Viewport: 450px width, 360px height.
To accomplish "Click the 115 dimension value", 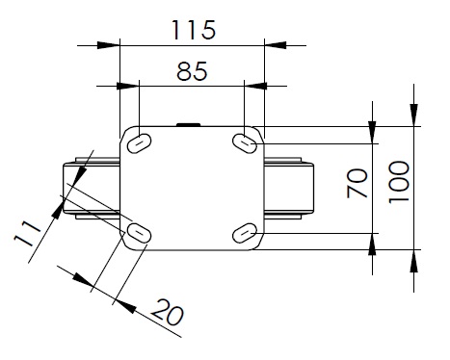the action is click(x=194, y=30).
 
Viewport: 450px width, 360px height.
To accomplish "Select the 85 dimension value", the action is click(x=192, y=71).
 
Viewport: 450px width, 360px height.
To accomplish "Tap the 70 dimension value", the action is click(x=357, y=183).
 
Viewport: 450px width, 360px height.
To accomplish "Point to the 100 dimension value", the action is click(x=399, y=182).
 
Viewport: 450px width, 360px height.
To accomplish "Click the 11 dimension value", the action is click(x=27, y=234).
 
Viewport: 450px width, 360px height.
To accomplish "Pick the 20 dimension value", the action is click(x=167, y=312).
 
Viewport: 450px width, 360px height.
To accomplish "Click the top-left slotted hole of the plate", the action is click(x=139, y=143).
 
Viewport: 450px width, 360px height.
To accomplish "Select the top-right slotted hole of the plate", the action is click(x=245, y=143).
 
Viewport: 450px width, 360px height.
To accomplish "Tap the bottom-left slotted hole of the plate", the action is click(x=139, y=233).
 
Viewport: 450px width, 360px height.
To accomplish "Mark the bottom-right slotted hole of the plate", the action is click(x=245, y=233).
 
